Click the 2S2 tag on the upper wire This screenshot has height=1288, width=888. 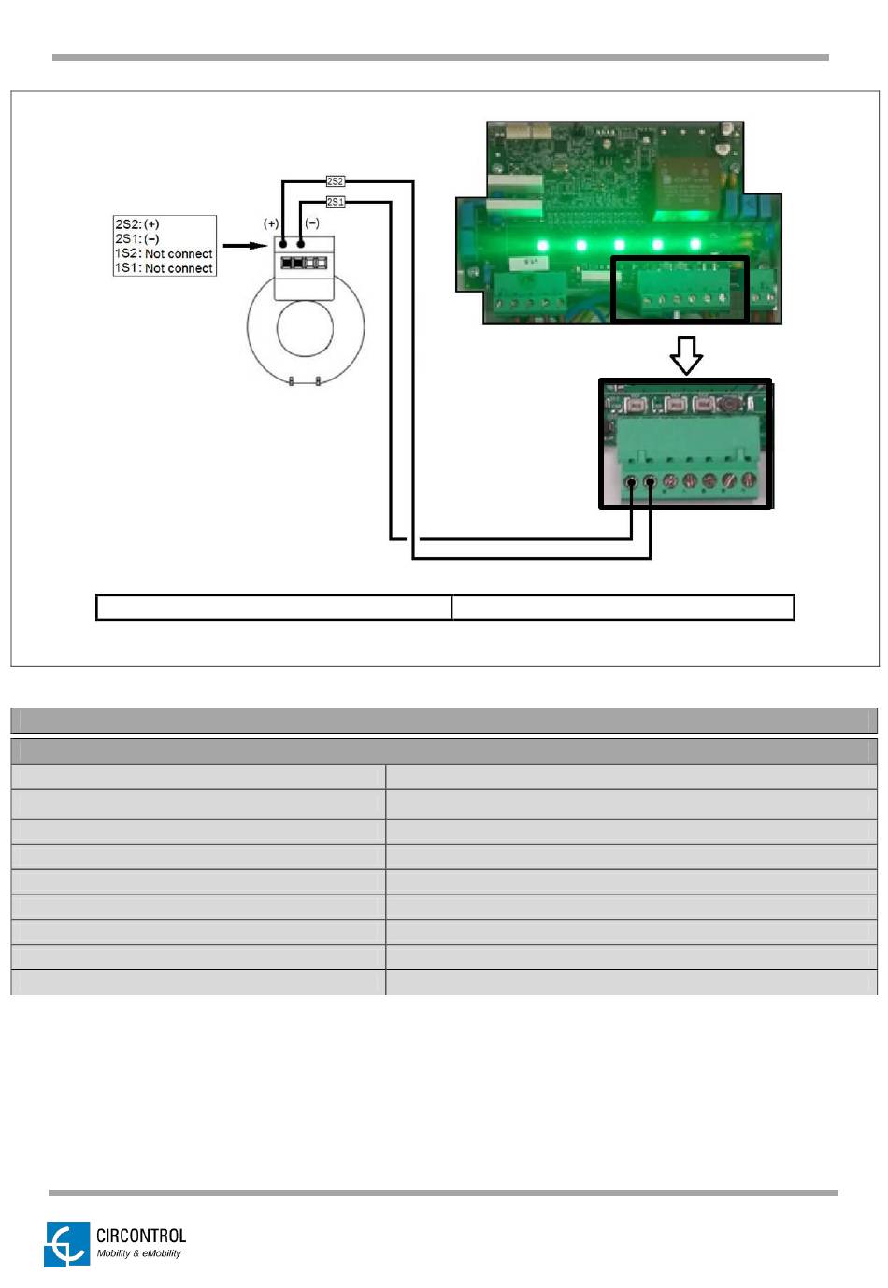point(335,181)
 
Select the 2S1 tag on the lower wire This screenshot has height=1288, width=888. point(335,202)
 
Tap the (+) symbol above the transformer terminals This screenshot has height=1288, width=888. point(271,223)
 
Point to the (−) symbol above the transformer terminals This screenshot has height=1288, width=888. point(312,223)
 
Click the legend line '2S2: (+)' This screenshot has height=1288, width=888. point(137,224)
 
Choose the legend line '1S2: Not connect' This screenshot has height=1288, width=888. point(164,253)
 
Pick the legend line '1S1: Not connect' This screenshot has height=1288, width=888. point(164,268)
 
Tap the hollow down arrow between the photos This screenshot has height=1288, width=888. point(687,355)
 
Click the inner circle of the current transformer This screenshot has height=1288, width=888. point(305,328)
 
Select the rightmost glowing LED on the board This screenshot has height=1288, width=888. point(695,245)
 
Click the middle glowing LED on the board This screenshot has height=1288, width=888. point(620,245)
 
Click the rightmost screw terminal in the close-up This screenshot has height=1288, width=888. point(749,481)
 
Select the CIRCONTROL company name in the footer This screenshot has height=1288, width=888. point(141,1236)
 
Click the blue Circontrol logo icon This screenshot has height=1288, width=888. point(65,1244)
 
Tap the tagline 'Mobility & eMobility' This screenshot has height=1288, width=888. point(139,1254)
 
